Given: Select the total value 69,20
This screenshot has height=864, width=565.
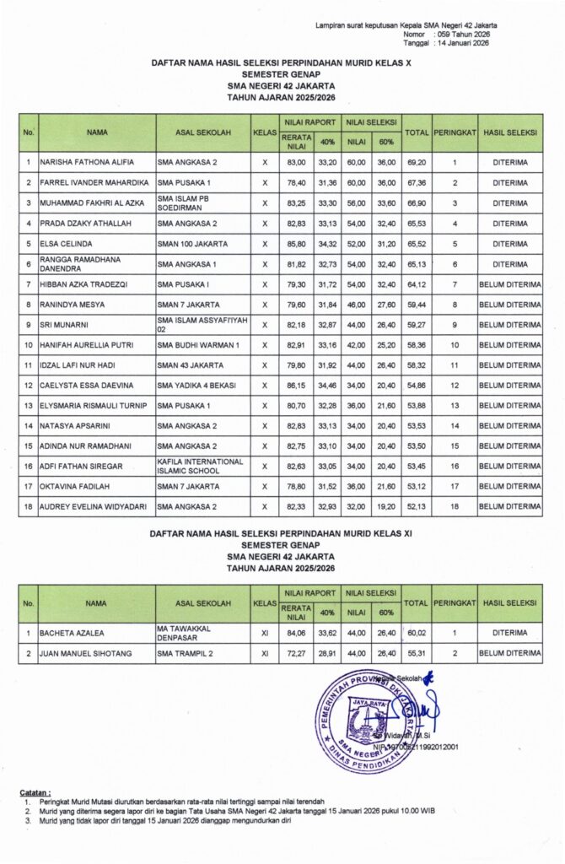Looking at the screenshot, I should tap(414, 161).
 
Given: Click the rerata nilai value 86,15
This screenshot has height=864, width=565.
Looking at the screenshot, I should tap(296, 385).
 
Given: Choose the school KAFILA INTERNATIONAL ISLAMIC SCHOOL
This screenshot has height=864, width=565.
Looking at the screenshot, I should tap(200, 466).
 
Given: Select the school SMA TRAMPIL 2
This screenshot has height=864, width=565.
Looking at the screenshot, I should tap(184, 653).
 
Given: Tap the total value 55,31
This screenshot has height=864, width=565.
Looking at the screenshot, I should tap(414, 653).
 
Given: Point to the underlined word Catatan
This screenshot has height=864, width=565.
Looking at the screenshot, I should tap(35, 792).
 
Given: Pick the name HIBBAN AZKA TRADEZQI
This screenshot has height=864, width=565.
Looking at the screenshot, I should tap(83, 284).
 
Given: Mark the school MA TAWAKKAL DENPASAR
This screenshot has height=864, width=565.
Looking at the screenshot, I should tap(187, 631).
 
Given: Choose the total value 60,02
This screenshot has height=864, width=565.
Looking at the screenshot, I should tap(414, 631).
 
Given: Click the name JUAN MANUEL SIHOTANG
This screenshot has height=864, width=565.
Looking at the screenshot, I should tap(86, 653).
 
